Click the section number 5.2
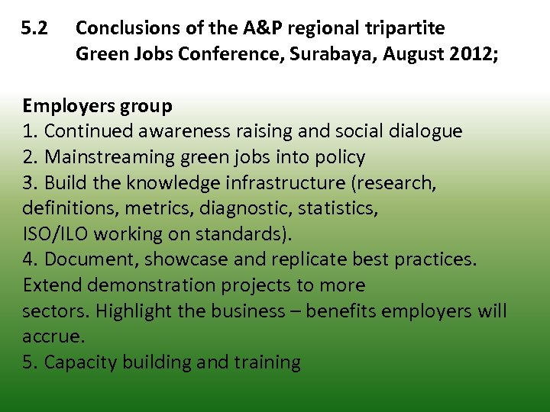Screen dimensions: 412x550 [x=35, y=29]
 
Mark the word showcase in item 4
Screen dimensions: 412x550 [x=186, y=259]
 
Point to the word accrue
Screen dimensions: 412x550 [x=52, y=336]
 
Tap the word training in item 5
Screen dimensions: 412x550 [x=267, y=362]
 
